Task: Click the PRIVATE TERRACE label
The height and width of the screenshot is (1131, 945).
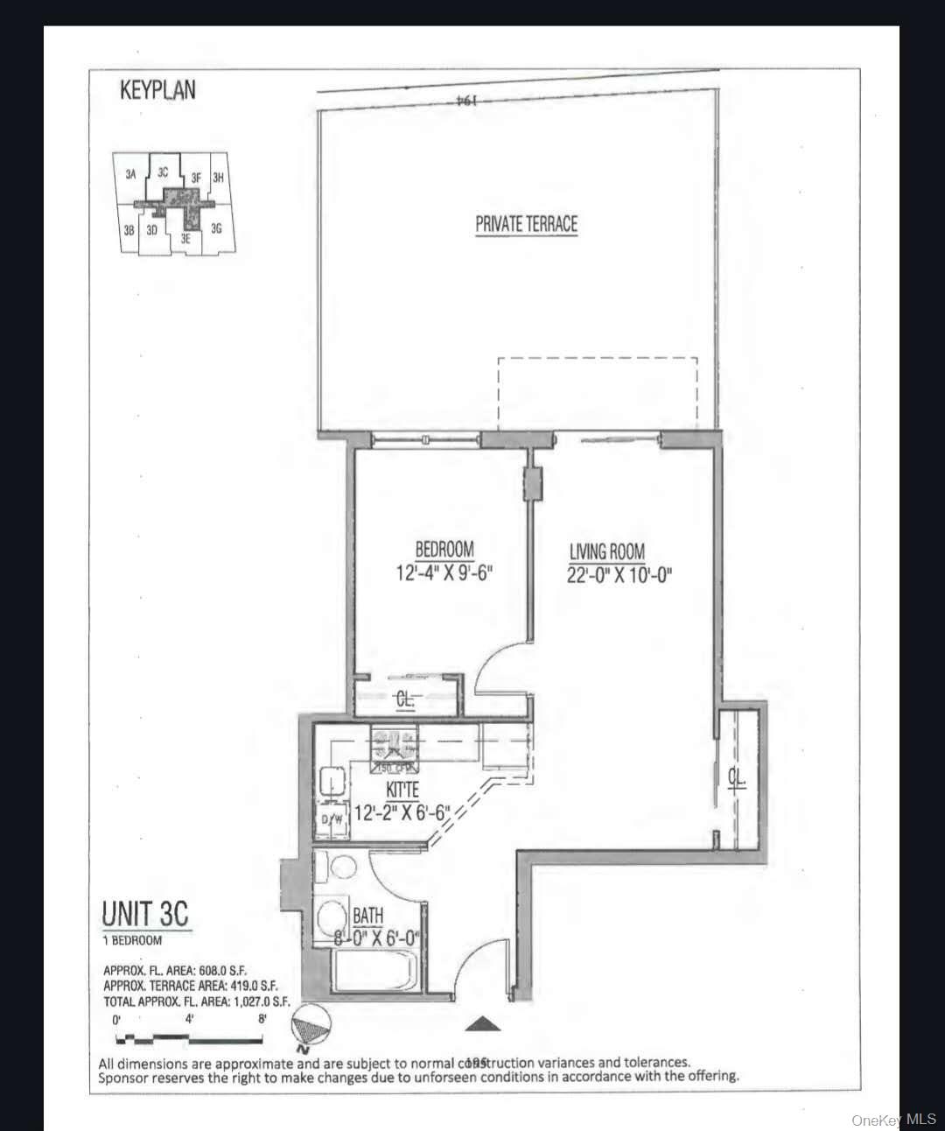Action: [x=526, y=224]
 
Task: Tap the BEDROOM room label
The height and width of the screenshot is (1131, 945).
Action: [x=444, y=551]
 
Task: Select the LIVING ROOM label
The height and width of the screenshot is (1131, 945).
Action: [x=607, y=552]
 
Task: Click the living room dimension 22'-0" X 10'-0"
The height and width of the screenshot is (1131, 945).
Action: [x=619, y=576]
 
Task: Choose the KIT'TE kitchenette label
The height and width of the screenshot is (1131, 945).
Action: [x=402, y=790]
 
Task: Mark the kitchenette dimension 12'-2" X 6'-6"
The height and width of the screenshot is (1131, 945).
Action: [x=402, y=811]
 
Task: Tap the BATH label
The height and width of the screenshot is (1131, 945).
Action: [x=368, y=916]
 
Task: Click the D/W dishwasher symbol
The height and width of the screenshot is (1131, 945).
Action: [x=332, y=819]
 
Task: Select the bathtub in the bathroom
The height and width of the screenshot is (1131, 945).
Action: [x=376, y=972]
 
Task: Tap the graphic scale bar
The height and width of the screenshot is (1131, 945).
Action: [x=189, y=1040]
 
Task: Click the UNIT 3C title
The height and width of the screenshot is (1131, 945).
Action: [x=145, y=914]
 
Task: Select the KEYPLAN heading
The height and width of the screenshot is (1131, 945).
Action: [x=157, y=90]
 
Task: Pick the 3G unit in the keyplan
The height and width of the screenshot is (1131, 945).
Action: [x=216, y=229]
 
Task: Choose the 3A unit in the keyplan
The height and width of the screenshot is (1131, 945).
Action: [x=130, y=174]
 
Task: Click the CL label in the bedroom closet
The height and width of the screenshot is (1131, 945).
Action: [x=405, y=699]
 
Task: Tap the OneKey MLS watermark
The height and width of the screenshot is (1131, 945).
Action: [x=893, y=1120]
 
